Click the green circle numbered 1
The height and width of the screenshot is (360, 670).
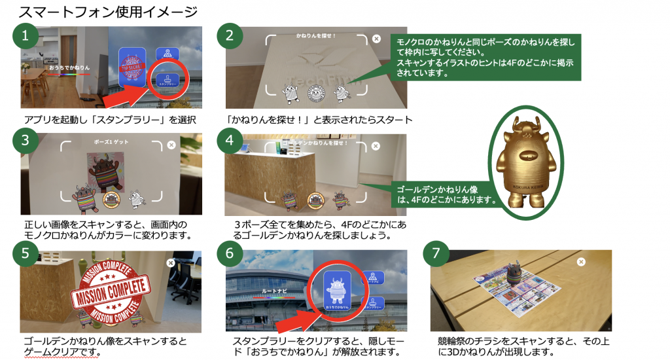point(25,37)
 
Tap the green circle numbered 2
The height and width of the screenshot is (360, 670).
point(229,37)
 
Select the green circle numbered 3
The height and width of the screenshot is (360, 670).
point(25,139)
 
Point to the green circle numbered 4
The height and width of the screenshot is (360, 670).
point(229,139)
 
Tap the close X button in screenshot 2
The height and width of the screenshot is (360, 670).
point(376,39)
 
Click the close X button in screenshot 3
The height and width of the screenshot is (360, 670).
point(171,145)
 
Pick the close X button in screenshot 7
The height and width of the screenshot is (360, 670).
point(581,262)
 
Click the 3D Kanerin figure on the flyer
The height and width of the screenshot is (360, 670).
point(511,276)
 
